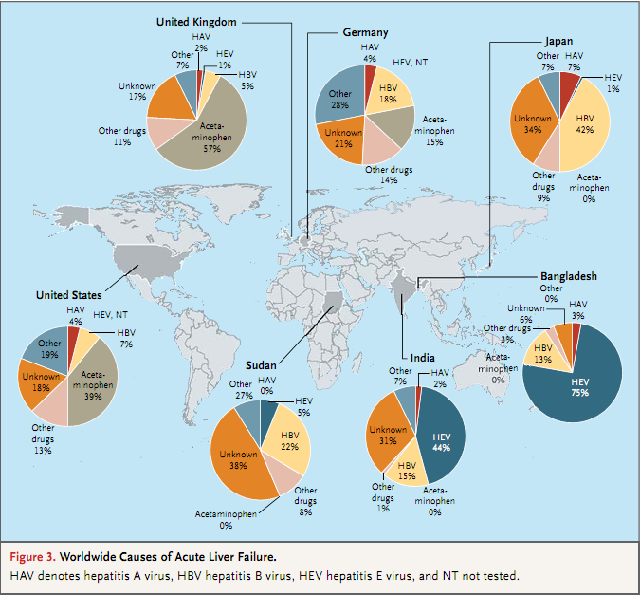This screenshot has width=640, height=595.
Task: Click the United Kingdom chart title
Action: tap(196, 22)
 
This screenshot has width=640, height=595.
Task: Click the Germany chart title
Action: tap(365, 32)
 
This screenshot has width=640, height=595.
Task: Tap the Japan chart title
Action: tap(558, 41)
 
